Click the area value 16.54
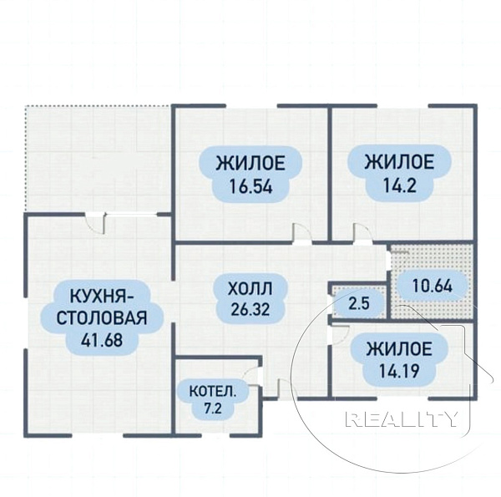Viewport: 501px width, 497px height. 250,186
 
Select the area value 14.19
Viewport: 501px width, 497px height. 399,371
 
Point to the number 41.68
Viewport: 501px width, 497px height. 102,340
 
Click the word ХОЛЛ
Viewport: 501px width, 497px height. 250,289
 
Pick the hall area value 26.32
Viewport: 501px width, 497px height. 250,309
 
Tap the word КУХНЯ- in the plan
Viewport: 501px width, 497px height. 102,297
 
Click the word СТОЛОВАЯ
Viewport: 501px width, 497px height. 102,318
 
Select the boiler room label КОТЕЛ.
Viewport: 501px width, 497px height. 213,392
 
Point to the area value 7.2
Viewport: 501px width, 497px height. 212,408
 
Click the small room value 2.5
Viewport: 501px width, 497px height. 359,304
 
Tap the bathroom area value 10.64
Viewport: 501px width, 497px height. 433,286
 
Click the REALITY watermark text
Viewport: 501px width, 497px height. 402,419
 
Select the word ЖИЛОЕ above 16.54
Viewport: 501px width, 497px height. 250,163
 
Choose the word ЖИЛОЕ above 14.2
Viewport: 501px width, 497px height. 399,161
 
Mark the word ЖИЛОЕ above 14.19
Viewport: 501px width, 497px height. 399,348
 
